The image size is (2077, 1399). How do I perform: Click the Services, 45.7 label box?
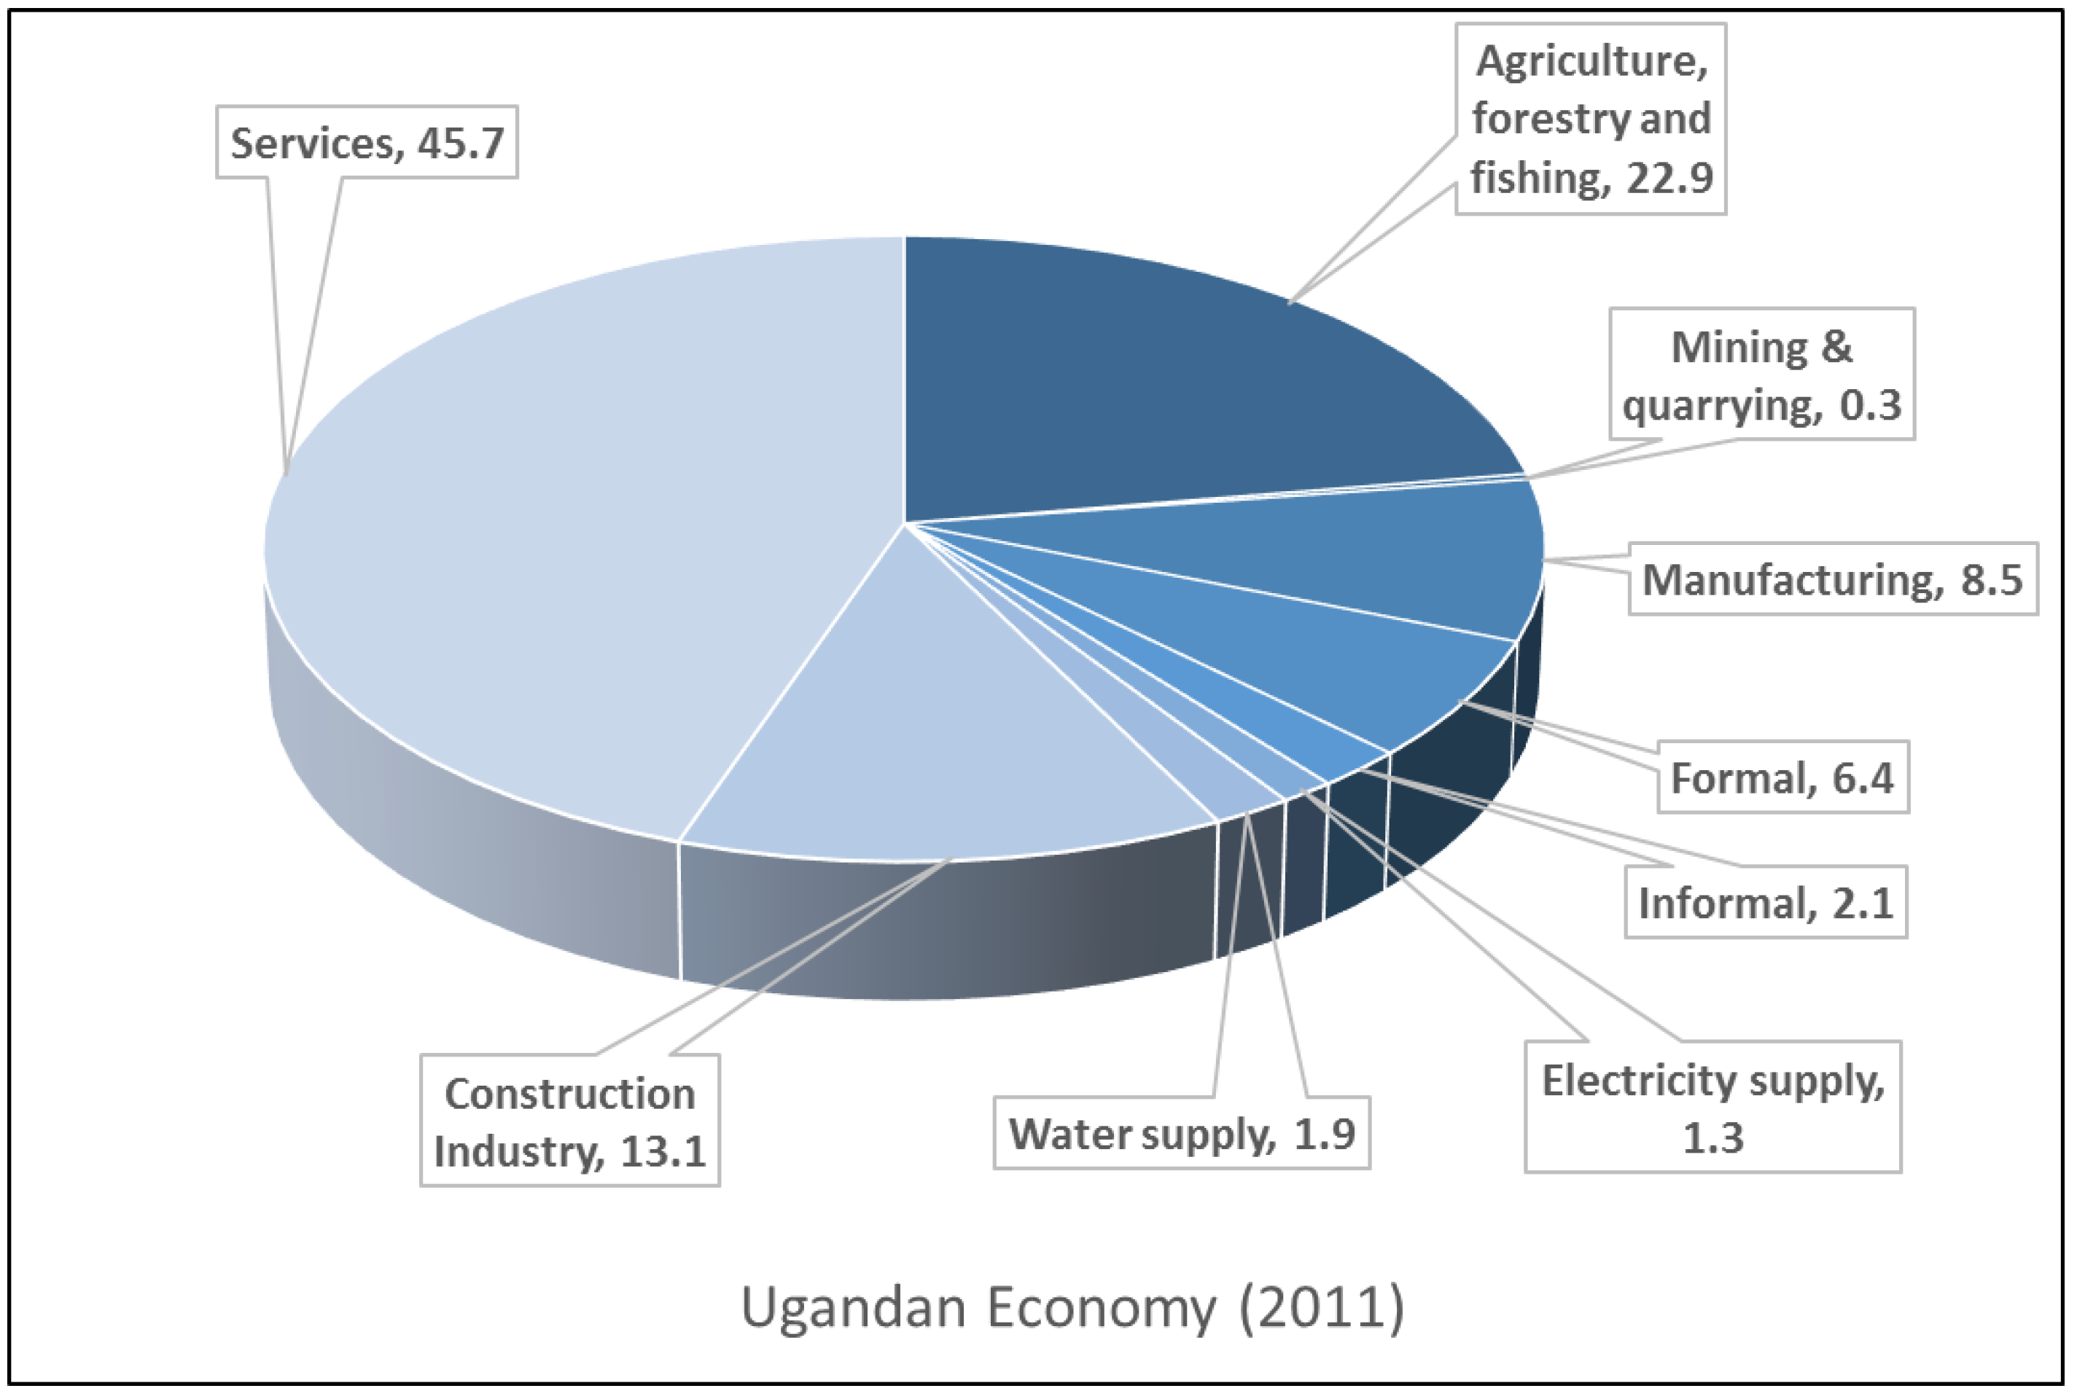(x=367, y=143)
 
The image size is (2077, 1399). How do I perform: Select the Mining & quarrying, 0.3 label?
(x=1762, y=375)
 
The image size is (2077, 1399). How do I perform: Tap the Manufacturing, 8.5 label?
(x=1833, y=579)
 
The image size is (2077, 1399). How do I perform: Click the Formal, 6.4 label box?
(x=1782, y=777)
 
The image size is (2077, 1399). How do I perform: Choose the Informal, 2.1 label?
(x=1766, y=902)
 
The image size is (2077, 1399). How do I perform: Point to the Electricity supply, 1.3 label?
(x=1712, y=1108)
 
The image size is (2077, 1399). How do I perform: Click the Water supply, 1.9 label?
(x=1182, y=1133)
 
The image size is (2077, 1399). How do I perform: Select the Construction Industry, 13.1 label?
(x=569, y=1121)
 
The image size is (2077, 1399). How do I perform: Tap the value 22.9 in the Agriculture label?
(x=1668, y=178)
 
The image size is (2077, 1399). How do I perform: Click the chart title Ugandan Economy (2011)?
(x=1072, y=1308)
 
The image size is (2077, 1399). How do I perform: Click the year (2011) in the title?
(x=1321, y=1308)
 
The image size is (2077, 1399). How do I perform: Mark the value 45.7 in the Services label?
(x=461, y=143)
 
